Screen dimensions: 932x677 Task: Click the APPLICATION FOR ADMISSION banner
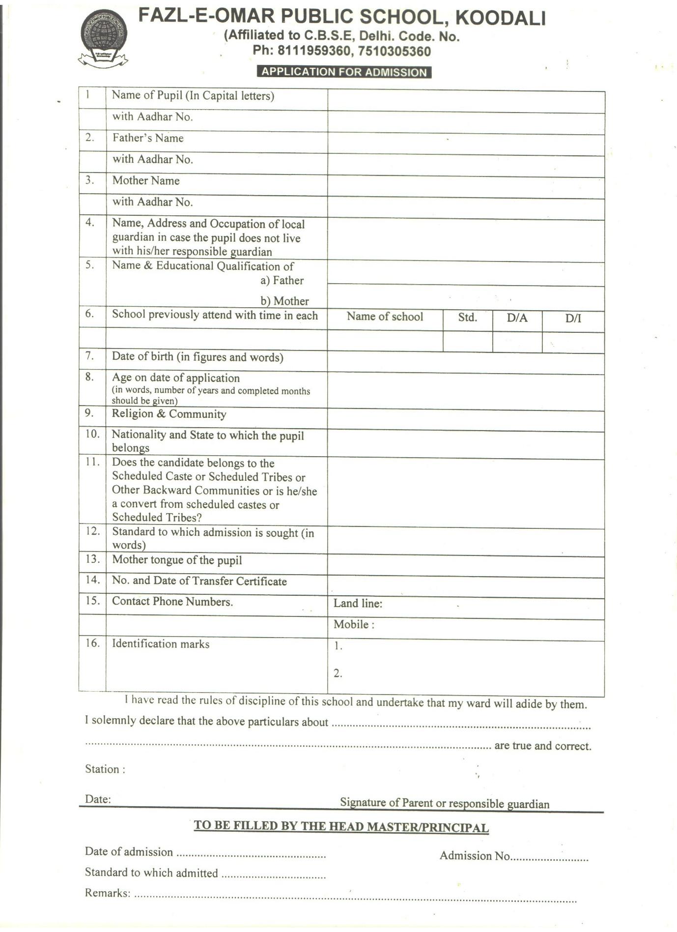coord(344,72)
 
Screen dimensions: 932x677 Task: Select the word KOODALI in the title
coord(501,18)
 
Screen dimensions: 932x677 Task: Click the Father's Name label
coord(148,138)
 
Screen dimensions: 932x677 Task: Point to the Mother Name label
coord(146,181)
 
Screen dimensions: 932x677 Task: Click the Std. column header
coord(467,318)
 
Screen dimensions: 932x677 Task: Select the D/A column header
coord(517,318)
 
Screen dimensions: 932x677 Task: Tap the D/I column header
coord(573,319)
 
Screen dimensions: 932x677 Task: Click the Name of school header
coord(385,317)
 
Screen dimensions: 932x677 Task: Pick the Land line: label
coord(358,604)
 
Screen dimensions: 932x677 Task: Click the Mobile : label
coord(354,625)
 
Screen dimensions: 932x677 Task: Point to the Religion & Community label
coord(169,414)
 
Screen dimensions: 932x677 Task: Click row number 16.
coord(92,643)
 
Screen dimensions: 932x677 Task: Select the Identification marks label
coord(161,644)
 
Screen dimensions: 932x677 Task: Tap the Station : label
coord(105,769)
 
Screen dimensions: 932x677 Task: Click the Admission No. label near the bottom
coord(475,856)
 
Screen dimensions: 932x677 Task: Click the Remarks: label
coord(108,893)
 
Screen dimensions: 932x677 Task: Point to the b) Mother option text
coord(284,301)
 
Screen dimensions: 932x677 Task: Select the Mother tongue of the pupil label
coord(177,560)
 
